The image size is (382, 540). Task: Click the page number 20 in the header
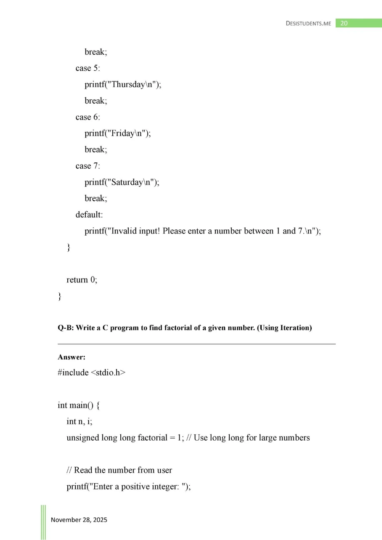[x=344, y=24]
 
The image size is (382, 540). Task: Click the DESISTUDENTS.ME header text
[x=308, y=24]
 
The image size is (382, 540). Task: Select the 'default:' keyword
[x=89, y=215]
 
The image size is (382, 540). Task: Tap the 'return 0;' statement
[x=82, y=280]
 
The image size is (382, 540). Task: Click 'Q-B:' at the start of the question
[x=65, y=328]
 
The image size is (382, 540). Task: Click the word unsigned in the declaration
[x=82, y=438]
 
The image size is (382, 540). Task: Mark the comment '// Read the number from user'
[x=119, y=470]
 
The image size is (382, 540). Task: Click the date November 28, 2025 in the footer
[x=79, y=520]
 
